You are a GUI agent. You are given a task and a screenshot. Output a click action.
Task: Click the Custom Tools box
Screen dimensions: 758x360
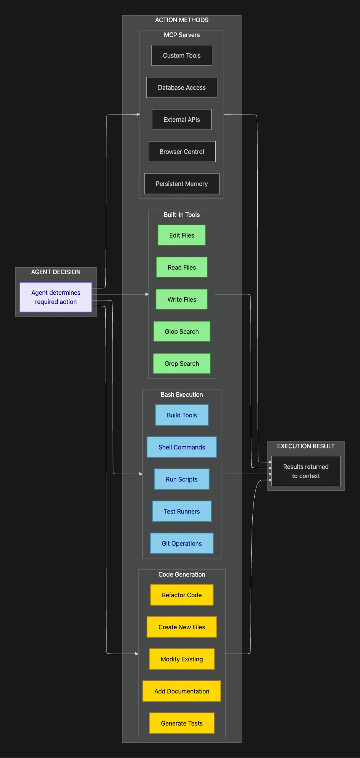pos(182,55)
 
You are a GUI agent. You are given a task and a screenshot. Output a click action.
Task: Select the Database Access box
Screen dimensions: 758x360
pos(182,87)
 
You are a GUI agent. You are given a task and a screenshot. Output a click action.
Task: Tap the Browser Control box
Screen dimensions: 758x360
pos(182,152)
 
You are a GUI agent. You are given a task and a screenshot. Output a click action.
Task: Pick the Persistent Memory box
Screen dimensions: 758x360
pos(182,184)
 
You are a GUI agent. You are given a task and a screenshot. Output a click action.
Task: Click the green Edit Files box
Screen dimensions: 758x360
pos(182,235)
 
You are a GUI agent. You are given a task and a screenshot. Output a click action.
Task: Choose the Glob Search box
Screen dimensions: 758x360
pos(182,331)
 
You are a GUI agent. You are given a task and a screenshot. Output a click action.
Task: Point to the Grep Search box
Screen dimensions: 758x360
pos(182,364)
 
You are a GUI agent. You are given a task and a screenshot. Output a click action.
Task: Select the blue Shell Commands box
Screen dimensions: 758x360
pos(182,447)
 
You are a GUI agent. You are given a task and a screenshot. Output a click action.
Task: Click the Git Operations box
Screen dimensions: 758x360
pos(182,543)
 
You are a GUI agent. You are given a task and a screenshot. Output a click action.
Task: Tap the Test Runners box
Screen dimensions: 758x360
pos(182,511)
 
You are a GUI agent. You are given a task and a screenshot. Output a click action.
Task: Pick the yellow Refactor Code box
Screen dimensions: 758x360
pos(182,595)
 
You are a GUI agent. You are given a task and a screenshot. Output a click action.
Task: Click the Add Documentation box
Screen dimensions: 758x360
pos(182,691)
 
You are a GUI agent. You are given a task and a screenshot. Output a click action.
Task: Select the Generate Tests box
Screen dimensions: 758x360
pos(182,723)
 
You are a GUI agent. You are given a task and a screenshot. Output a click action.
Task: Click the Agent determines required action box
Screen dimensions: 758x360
pos(56,297)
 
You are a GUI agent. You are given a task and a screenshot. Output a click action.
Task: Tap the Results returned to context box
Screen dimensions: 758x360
pos(306,471)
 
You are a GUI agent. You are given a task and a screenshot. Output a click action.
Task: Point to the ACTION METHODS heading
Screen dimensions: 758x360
pos(182,20)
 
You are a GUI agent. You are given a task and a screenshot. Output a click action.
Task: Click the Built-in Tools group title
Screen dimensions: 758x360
pos(182,215)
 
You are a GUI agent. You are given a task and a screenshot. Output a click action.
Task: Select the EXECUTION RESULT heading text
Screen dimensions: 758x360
pos(306,446)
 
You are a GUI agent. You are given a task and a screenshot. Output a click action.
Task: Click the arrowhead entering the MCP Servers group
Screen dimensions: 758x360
pos(138,114)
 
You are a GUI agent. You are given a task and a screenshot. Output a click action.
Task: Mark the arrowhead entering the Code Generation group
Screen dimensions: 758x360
pos(137,654)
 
